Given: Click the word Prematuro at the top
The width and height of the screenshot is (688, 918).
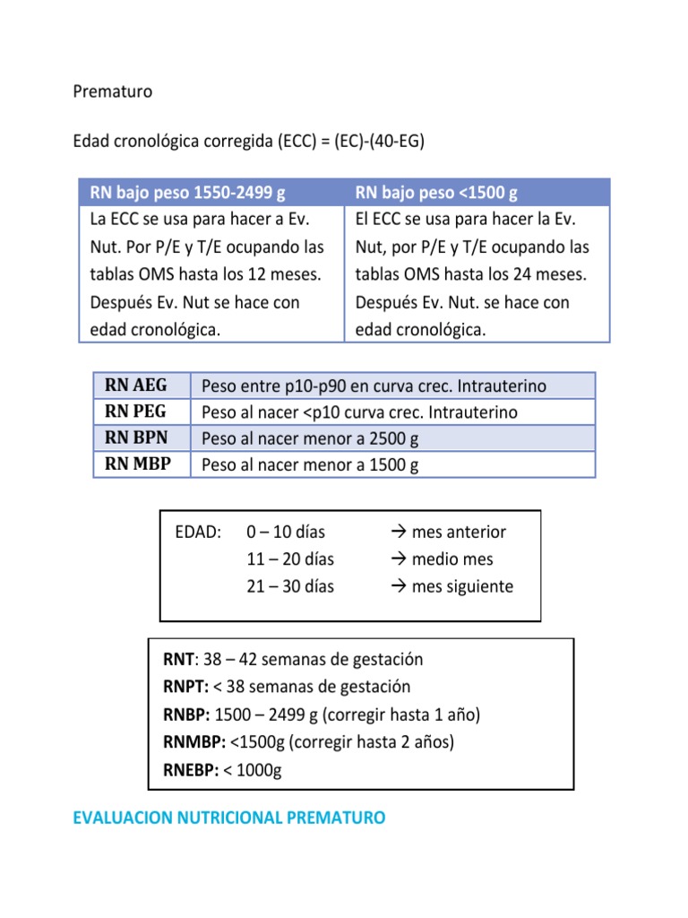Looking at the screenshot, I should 112,92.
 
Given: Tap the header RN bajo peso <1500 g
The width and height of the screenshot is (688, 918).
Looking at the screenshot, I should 436,193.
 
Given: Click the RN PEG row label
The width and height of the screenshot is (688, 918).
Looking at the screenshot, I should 135,411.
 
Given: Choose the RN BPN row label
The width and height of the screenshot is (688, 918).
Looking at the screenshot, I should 135,438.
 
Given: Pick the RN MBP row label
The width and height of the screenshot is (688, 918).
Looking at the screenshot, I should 137,464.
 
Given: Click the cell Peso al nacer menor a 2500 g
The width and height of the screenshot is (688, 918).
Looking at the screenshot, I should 310,439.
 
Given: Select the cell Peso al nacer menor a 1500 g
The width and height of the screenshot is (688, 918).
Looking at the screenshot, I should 310,465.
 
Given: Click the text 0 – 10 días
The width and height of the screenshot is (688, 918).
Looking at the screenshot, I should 286,533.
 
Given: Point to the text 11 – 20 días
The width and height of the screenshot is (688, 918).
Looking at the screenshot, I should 290,559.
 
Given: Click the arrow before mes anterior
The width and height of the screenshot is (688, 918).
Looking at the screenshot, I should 400,533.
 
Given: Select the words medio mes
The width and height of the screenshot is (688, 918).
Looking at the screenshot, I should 452,559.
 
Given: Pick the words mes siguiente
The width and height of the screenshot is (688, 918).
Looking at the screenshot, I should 462,587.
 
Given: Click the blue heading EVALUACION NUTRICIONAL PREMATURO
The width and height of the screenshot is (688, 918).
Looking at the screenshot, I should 228,818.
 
